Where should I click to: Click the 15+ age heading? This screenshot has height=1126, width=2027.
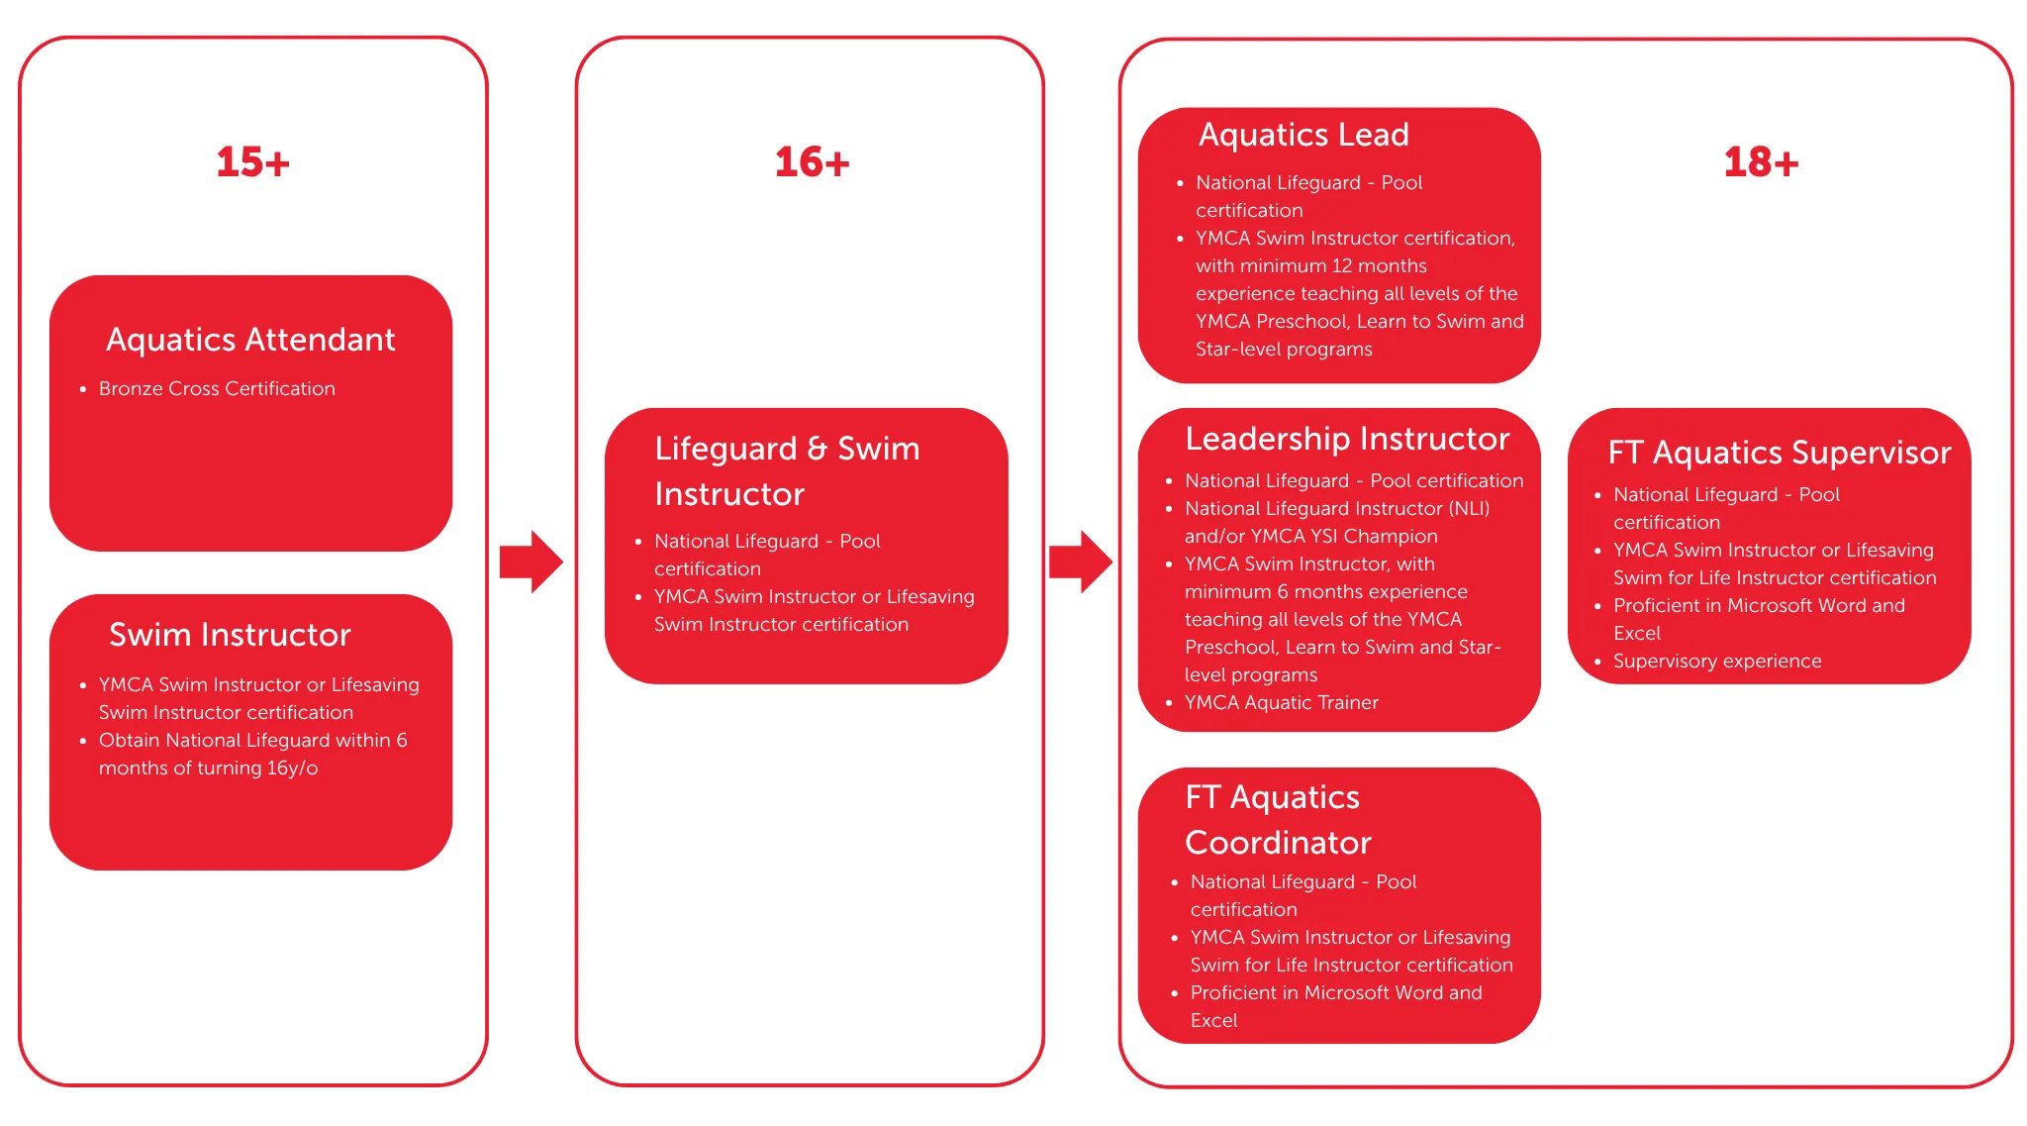coord(252,162)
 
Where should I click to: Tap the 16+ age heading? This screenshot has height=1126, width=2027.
coord(812,162)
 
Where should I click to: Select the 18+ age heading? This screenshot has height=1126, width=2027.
coord(1761,162)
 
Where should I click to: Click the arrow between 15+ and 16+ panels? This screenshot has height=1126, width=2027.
coord(531,562)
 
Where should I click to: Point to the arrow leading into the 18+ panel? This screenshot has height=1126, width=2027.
coord(1081,562)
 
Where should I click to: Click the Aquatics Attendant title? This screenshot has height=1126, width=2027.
coord(250,340)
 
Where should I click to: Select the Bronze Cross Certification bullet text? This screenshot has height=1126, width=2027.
coord(217,388)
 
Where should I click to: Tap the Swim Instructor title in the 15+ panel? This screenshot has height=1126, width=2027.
coord(230,634)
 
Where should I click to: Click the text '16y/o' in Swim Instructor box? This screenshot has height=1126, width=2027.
coord(292,768)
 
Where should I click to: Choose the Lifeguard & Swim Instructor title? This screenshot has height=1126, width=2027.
coord(787,470)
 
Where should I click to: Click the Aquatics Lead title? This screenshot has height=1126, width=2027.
coord(1303,135)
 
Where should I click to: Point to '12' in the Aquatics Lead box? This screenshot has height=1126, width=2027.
coord(1342,265)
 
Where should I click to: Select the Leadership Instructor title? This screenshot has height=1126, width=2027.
coord(1347,438)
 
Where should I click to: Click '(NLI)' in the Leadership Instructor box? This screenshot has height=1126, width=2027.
coord(1469,508)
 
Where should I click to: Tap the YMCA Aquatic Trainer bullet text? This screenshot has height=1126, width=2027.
coord(1281,702)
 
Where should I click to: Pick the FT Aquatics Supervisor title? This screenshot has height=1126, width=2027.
coord(1780,453)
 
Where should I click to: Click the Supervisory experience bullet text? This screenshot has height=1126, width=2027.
coord(1717,661)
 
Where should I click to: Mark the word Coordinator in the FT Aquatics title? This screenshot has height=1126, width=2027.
coord(1278,842)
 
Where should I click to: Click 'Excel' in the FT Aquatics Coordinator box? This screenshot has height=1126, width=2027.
coord(1213,1020)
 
